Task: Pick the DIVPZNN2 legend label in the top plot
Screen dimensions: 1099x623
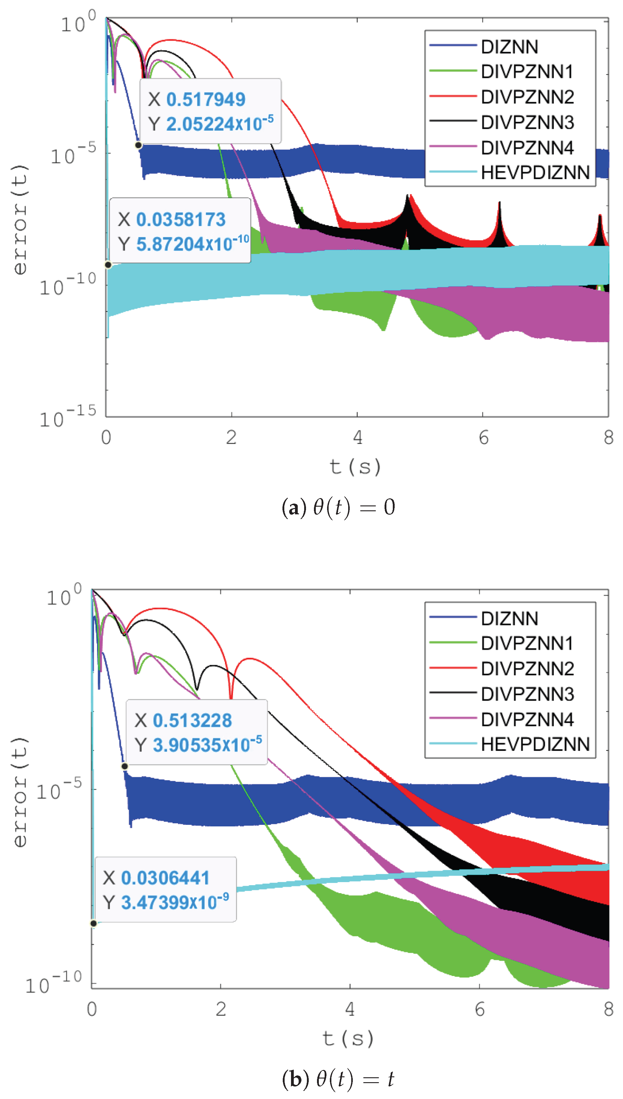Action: coord(527,97)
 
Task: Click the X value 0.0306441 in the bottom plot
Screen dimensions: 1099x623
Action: coord(165,878)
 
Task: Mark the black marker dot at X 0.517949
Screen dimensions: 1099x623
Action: coord(139,145)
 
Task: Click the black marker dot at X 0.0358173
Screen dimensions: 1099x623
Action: coord(108,265)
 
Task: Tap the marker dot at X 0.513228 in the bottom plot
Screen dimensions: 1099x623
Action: coord(124,766)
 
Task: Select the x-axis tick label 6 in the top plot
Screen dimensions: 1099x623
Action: coord(483,438)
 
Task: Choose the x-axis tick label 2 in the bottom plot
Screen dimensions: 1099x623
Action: coord(221,1009)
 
